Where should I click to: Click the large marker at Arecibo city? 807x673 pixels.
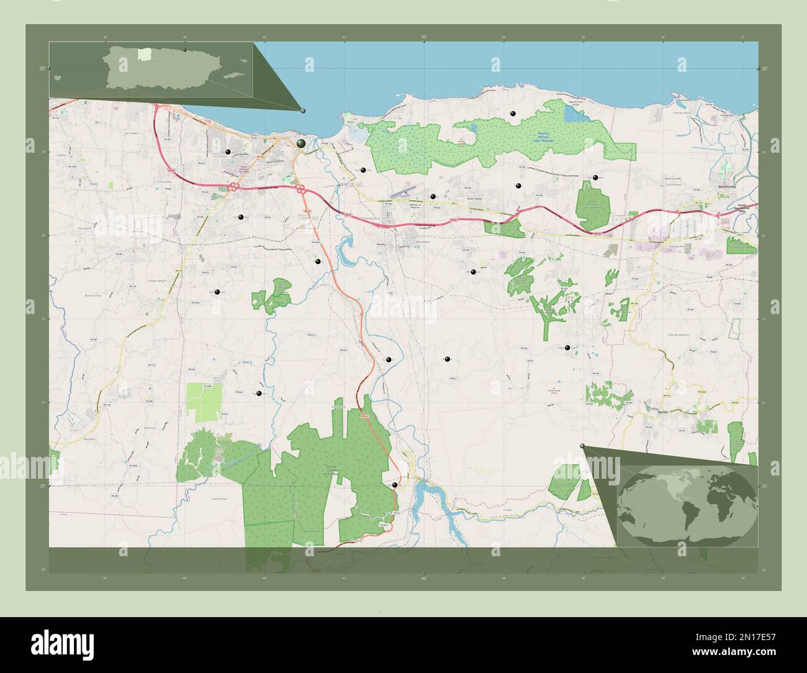pos(301,143)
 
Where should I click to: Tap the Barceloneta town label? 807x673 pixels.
pos(726,186)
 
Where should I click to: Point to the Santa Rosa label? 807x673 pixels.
pos(220,499)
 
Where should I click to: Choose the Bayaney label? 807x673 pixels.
pos(86,439)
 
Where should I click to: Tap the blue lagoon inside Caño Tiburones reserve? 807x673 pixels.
pos(569,113)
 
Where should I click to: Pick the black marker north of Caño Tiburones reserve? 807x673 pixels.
pos(512,114)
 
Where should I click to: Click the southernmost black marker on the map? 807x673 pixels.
pos(395,485)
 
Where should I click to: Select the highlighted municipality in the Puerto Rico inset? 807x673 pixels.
pos(144,55)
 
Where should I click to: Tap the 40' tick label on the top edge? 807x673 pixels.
pos(424,37)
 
